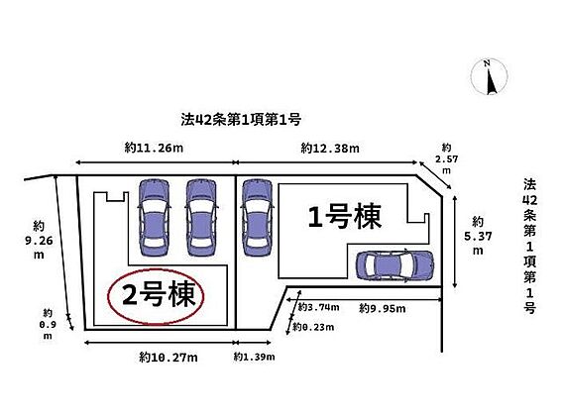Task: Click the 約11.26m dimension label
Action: point(154,148)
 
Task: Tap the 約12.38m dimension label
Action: point(330,148)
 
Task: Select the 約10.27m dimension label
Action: point(169,358)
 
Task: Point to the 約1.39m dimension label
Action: point(254,357)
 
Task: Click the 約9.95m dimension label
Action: point(383,308)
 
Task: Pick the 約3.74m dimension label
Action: point(318,307)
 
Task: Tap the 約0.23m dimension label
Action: point(313,327)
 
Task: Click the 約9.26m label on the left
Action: point(39,240)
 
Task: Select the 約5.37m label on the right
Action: point(478,236)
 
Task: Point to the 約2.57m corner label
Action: point(447,158)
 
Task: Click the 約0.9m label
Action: point(48,324)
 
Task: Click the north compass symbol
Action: point(489,77)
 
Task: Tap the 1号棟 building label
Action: point(345,216)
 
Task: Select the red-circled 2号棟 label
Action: point(157,296)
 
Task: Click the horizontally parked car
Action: point(394,265)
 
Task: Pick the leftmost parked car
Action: point(154,217)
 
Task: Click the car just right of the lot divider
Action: point(257,217)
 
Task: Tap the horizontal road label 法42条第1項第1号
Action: point(241,120)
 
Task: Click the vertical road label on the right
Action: point(529,246)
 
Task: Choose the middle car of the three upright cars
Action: point(201,217)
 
